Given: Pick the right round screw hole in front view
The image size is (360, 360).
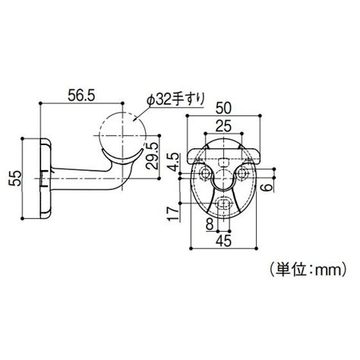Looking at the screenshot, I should [244, 175].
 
